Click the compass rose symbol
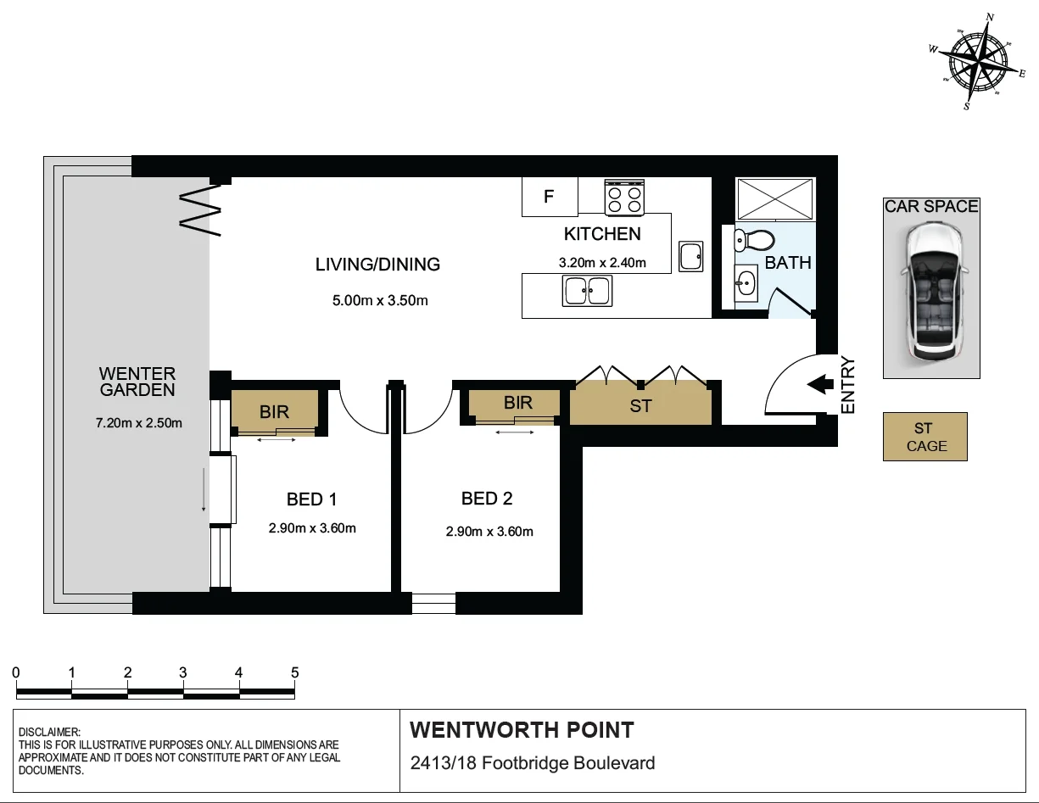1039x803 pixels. [x=978, y=62]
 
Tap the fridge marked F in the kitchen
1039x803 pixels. [x=549, y=197]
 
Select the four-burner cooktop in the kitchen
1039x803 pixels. [x=623, y=198]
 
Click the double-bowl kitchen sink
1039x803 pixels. [x=587, y=292]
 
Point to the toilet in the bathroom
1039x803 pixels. [x=753, y=239]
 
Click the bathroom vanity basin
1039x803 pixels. [x=746, y=282]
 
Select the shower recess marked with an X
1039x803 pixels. [x=774, y=200]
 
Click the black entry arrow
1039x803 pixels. [x=818, y=385]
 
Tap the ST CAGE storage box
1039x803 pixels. [x=925, y=438]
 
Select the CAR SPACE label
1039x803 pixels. [x=930, y=206]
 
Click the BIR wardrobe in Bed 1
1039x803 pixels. [x=274, y=411]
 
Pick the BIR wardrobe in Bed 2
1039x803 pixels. [x=517, y=403]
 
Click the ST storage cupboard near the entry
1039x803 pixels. [x=640, y=405]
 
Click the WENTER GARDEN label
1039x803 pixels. [x=137, y=382]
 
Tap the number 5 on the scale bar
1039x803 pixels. [x=294, y=672]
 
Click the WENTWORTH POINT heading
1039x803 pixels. [x=522, y=730]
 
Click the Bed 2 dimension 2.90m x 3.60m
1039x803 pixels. [x=489, y=532]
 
